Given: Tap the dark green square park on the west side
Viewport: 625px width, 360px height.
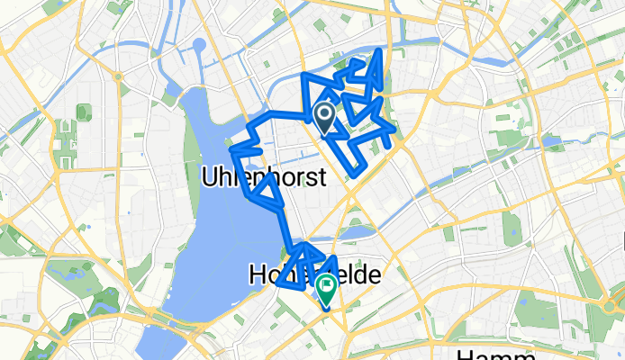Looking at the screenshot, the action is tap(84, 112).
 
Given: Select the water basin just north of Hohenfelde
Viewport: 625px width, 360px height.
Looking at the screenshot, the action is tap(357, 233).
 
